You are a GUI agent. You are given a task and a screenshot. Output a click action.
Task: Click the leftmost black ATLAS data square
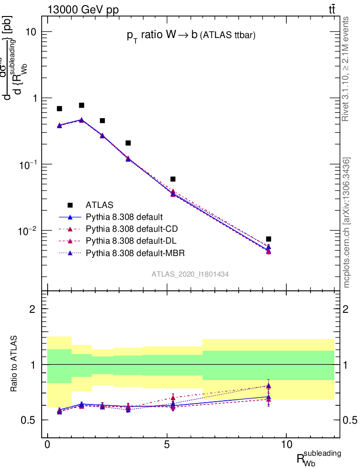point(59,109)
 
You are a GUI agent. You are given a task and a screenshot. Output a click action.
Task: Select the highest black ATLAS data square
point(82,105)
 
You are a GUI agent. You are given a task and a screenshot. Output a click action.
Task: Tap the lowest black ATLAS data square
point(268,239)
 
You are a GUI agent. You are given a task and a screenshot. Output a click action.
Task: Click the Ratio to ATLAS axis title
point(15,364)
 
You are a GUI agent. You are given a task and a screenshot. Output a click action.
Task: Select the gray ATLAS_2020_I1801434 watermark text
point(191,274)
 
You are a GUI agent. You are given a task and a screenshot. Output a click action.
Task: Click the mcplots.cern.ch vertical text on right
point(347,223)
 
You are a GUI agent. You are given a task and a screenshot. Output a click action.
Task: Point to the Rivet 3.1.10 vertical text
point(346,69)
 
